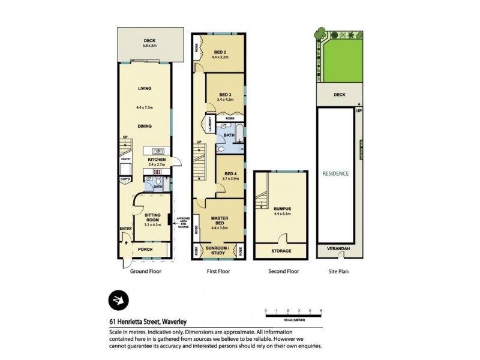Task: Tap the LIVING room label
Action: tap(144, 88)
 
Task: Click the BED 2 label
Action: tap(221, 52)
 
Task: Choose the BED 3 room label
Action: tap(225, 95)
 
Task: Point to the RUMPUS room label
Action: tap(281, 209)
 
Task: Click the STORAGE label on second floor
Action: tap(281, 251)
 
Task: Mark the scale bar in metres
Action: tap(294, 311)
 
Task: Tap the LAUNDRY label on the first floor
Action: tap(211, 123)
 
